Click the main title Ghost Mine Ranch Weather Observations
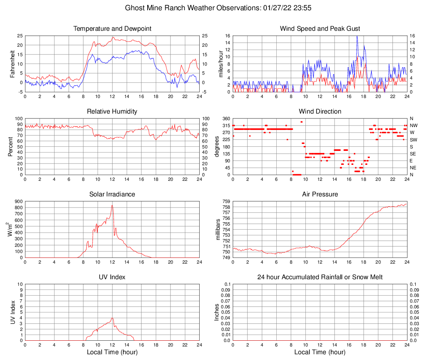pyautogui.click(x=210, y=8)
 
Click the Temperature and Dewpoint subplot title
pyautogui.click(x=112, y=29)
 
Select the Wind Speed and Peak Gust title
pyautogui.click(x=320, y=29)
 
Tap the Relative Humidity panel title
pyautogui.click(x=112, y=112)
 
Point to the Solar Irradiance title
pyautogui.click(x=112, y=194)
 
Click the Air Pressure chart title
pyautogui.click(x=320, y=194)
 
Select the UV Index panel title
pyautogui.click(x=112, y=277)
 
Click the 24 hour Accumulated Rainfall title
pyautogui.click(x=320, y=277)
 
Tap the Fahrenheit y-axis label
pyautogui.click(x=12, y=64)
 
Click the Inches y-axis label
pyautogui.click(x=217, y=312)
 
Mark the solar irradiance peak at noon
pyautogui.click(x=112, y=205)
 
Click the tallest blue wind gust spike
pyautogui.click(x=357, y=36)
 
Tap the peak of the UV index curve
pyautogui.click(x=112, y=318)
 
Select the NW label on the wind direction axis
pyautogui.click(x=413, y=125)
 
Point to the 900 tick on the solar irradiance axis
pyautogui.click(x=18, y=201)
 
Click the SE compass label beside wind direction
pyautogui.click(x=413, y=154)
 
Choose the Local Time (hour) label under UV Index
pyautogui.click(x=112, y=352)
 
